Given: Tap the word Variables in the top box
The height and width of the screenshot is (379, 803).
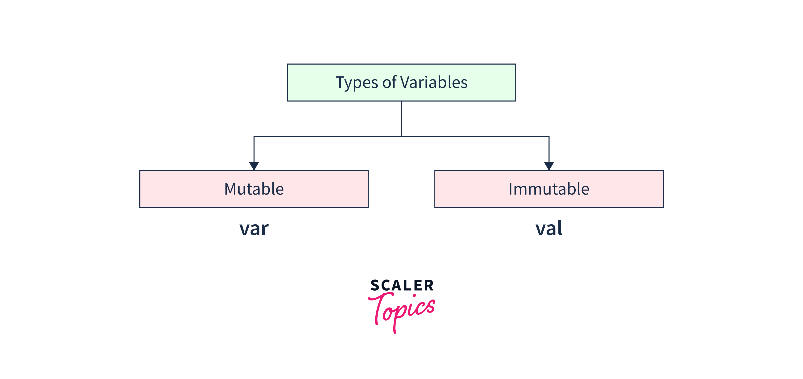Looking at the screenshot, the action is click(x=434, y=82).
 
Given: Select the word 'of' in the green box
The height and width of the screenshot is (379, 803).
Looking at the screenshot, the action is click(x=389, y=82).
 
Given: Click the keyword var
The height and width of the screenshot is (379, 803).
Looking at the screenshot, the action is click(x=254, y=229).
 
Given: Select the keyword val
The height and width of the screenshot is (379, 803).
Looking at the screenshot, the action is click(x=549, y=228).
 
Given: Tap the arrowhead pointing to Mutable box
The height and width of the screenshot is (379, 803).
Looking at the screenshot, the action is click(x=254, y=166).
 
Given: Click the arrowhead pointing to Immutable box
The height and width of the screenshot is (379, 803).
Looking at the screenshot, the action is click(x=549, y=166).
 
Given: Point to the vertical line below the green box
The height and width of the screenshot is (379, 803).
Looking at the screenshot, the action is click(x=401, y=119).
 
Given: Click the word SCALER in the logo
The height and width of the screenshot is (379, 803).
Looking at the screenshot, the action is click(x=402, y=285).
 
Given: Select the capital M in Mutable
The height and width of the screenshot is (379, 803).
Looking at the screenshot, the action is click(x=232, y=189).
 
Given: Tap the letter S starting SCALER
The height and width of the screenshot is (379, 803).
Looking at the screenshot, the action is click(x=375, y=285).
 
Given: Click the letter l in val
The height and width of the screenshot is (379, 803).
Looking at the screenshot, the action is click(x=560, y=228).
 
